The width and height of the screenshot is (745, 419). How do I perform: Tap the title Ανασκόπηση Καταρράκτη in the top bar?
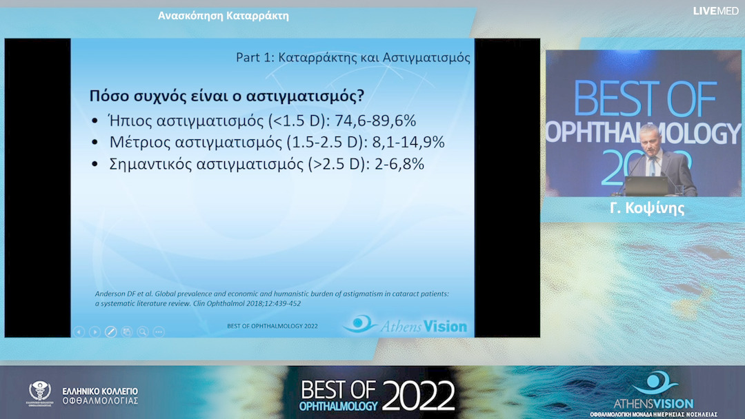point(223,16)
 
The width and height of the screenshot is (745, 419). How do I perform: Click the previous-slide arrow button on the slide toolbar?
point(79,331)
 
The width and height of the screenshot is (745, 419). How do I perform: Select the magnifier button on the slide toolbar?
point(143,331)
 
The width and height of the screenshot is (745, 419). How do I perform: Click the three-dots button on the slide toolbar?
point(159,331)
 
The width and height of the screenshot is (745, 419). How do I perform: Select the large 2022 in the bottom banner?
point(418,396)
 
